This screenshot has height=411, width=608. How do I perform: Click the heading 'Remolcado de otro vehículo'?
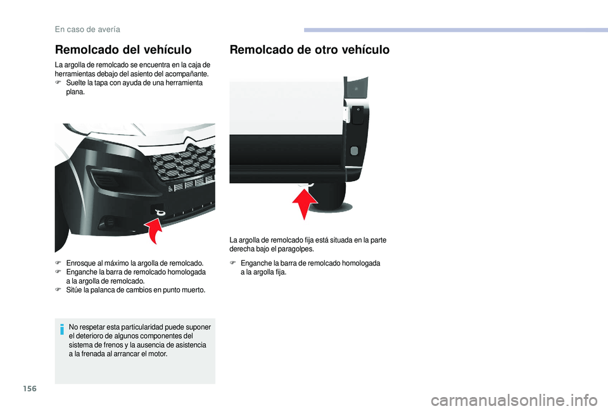tap(310, 49)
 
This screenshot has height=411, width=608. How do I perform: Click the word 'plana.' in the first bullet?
tap(75, 92)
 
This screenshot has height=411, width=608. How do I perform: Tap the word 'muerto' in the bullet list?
tap(192, 289)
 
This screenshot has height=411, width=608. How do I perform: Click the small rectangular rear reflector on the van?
tap(353, 151)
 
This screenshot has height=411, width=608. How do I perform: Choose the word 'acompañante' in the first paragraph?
tap(186, 74)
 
